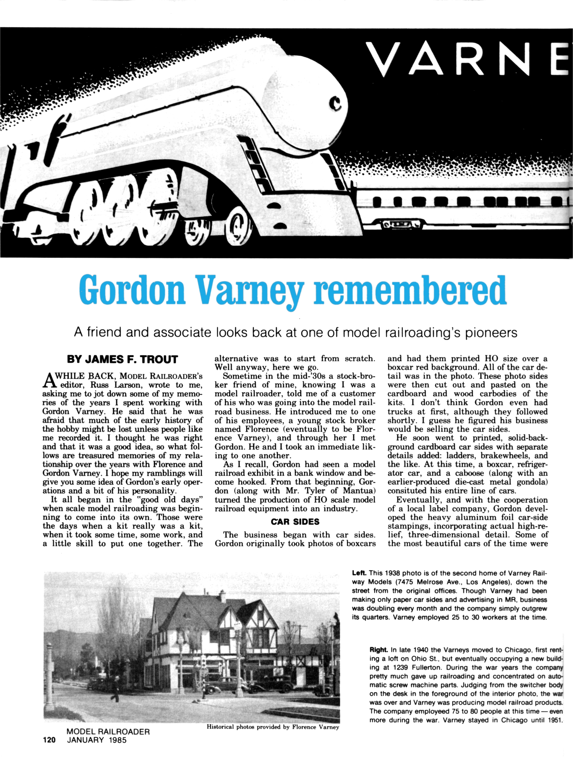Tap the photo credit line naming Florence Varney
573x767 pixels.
point(273,727)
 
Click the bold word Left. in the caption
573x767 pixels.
point(359,573)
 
